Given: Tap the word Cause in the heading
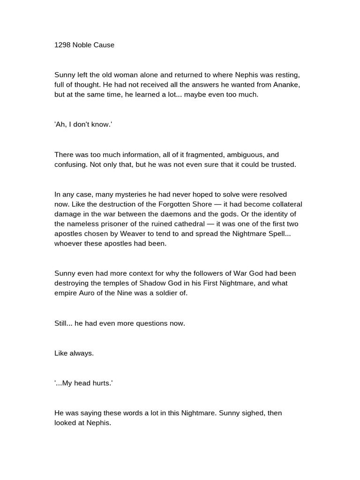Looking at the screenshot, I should [104, 45].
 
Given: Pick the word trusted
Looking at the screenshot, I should [283, 165].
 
